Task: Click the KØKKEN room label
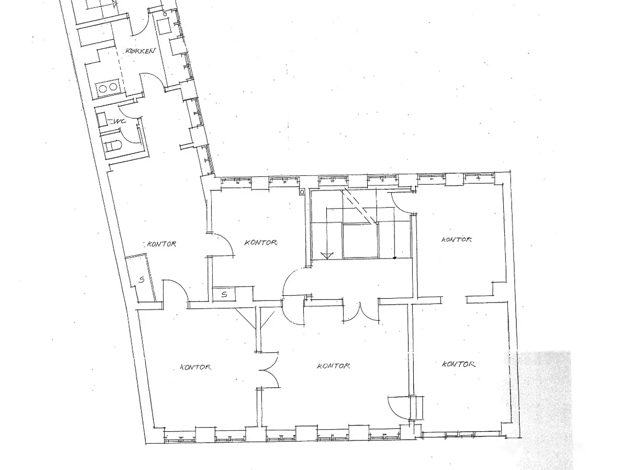pyautogui.click(x=140, y=51)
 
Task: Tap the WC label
pyautogui.click(x=119, y=121)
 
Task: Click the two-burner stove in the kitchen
pyautogui.click(x=108, y=87)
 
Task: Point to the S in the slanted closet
pyautogui.click(x=141, y=280)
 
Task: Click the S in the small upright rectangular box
pyautogui.click(x=224, y=294)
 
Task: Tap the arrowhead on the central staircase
pyautogui.click(x=327, y=256)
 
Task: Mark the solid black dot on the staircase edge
pyautogui.click(x=395, y=258)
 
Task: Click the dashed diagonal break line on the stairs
pyautogui.click(x=359, y=206)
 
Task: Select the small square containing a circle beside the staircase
pyautogui.click(x=302, y=192)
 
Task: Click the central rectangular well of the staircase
pyautogui.click(x=361, y=241)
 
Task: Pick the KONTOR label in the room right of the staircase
pyautogui.click(x=457, y=239)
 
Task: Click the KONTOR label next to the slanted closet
pyautogui.click(x=161, y=244)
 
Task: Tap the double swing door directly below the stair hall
pyautogui.click(x=361, y=312)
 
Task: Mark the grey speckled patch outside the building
pyautogui.click(x=542, y=408)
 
